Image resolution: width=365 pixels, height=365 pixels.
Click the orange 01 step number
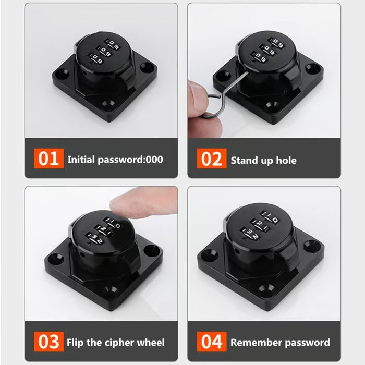48,159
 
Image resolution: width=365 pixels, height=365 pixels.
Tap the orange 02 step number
212,159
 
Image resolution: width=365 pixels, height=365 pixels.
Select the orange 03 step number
48,342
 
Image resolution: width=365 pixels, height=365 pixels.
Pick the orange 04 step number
212,342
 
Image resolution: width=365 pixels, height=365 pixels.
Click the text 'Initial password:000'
115,159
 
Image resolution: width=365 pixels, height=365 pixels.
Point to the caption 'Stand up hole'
263,160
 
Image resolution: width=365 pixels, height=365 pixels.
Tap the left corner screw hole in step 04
210,255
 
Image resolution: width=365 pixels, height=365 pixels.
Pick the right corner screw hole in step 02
313,68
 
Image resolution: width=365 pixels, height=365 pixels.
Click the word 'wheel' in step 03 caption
151,343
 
